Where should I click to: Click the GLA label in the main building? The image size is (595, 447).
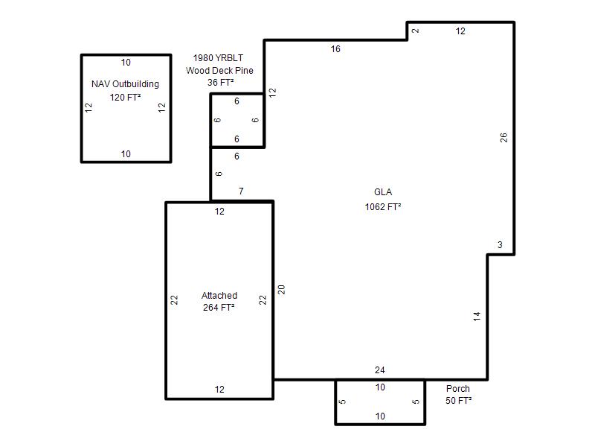pos(383,192)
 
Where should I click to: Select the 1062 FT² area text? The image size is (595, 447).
pos(383,207)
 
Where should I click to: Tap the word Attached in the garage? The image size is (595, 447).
pos(219,295)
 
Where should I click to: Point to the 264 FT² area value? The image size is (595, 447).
pos(219,307)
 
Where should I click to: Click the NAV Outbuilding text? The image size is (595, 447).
pos(125,84)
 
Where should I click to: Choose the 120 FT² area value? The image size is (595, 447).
pos(125,98)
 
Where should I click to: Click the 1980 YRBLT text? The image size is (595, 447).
pos(218,58)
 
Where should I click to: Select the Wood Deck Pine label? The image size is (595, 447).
pos(219,70)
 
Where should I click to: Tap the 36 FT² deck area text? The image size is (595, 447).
pos(220,82)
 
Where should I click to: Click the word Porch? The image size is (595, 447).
pos(458,388)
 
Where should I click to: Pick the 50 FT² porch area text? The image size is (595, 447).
pos(458,401)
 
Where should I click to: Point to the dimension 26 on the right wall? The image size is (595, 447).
pos(504,137)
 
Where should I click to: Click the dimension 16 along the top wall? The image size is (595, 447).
pos(335,49)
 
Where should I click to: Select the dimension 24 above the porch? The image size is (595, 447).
pos(380,370)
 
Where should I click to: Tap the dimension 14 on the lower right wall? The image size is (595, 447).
pos(477,316)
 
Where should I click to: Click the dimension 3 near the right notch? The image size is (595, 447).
pos(500,245)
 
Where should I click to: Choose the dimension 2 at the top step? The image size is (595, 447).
pos(416,31)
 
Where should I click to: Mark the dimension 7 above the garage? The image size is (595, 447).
pos(241,191)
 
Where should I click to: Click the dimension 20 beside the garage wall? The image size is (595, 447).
pos(281,290)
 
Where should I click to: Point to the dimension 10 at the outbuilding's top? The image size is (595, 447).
pos(126,63)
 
